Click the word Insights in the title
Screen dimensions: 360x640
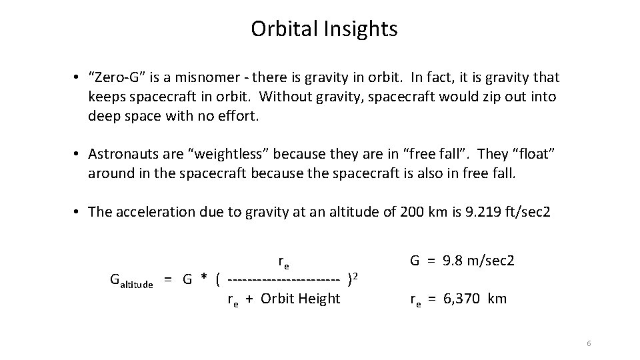click(361, 29)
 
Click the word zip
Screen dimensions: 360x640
click(490, 97)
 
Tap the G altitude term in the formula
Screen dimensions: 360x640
click(131, 281)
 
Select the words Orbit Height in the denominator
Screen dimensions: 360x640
click(301, 299)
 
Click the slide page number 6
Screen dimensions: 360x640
click(589, 343)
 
